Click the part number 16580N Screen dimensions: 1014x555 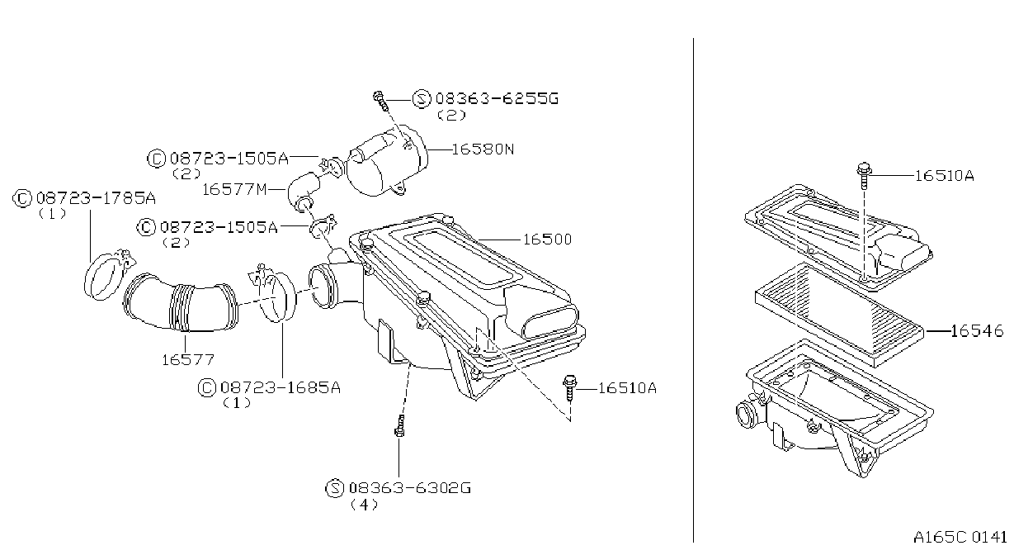[x=483, y=149]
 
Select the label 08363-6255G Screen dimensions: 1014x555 [x=497, y=98]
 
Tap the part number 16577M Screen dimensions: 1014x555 [x=234, y=189]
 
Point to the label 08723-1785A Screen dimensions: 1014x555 [x=96, y=198]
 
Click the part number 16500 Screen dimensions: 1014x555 [x=548, y=240]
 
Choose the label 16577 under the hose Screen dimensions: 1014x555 [x=188, y=360]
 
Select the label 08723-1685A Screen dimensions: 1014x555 [x=281, y=387]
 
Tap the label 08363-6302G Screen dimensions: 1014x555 [x=410, y=488]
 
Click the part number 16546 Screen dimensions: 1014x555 [x=977, y=330]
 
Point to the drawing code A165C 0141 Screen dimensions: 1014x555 [x=960, y=537]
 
